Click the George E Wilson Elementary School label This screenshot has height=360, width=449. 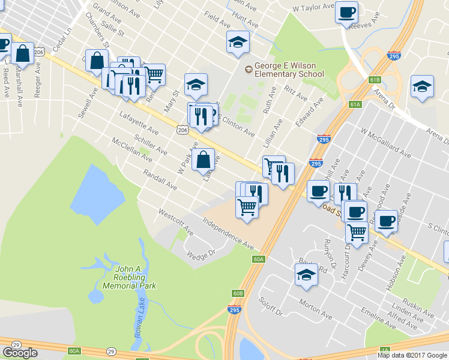pyautogui.click(x=288, y=70)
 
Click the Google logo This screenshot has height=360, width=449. pyautogui.click(x=20, y=353)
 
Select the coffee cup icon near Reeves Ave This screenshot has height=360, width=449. pyautogui.click(x=346, y=13)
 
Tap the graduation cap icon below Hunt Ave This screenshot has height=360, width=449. pyautogui.click(x=238, y=42)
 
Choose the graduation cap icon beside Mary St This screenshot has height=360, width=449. pyautogui.click(x=195, y=85)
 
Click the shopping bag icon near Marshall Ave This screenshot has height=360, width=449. pyautogui.click(x=23, y=54)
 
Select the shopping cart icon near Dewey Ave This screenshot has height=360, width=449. pyautogui.click(x=357, y=232)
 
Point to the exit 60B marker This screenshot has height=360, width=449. pyautogui.click(x=238, y=293)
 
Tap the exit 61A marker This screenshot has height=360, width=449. pyautogui.click(x=355, y=104)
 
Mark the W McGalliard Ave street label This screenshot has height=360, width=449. pyautogui.click(x=385, y=143)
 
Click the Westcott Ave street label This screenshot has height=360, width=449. pyautogui.click(x=175, y=221)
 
